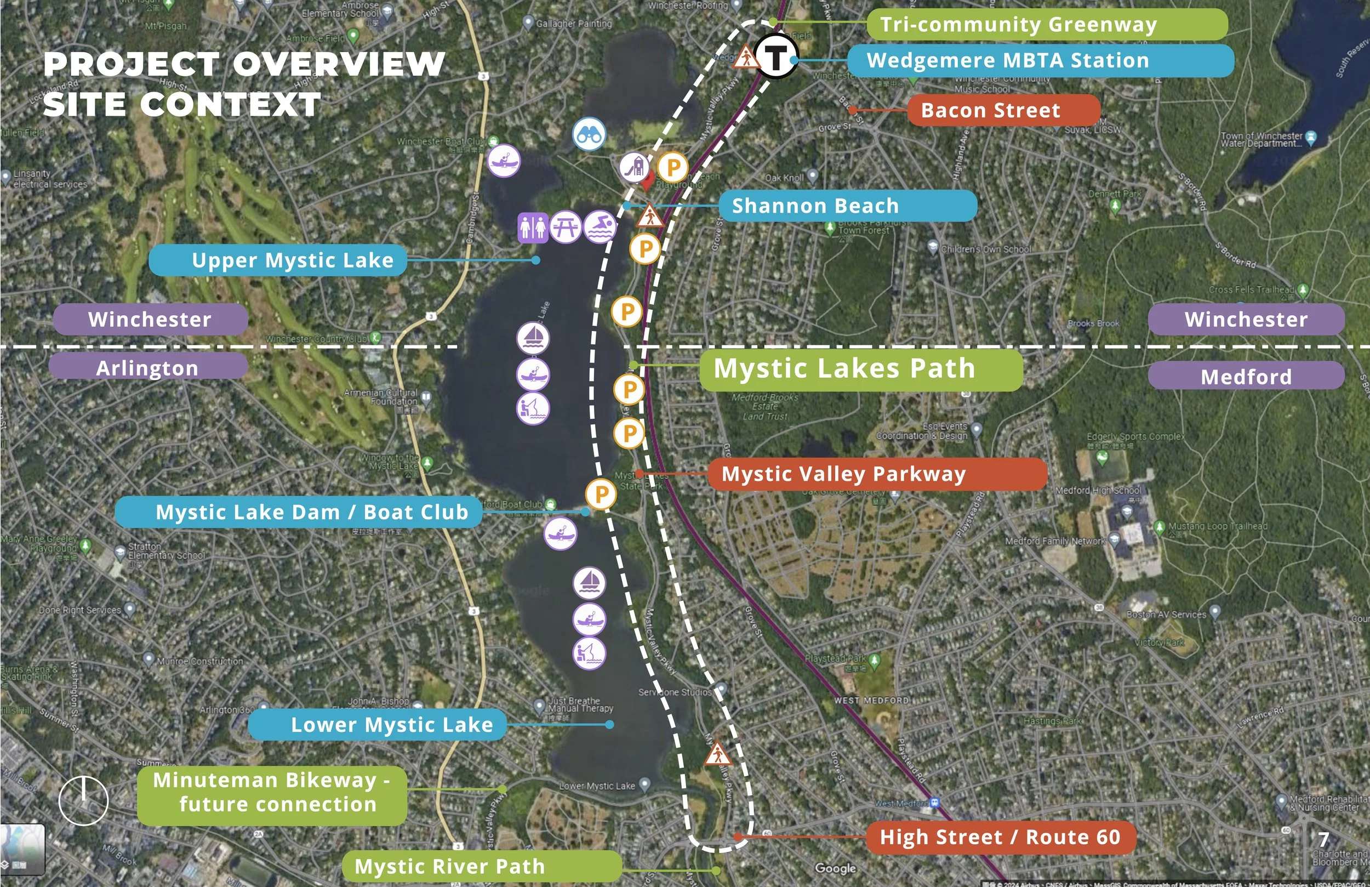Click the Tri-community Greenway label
[1047, 25]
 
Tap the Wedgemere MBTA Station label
[1040, 60]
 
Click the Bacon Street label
[1003, 110]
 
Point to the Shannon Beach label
[847, 206]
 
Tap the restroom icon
[532, 228]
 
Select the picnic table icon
[566, 227]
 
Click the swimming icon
[600, 227]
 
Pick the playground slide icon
[635, 168]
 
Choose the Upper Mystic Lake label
[277, 260]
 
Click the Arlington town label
[147, 368]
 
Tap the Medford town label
[1246, 377]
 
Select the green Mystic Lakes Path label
[860, 368]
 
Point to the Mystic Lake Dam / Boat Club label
[298, 512]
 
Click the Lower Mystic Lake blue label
[377, 725]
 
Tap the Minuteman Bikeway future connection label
[272, 793]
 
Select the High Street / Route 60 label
[1001, 837]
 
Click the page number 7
[1323, 839]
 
